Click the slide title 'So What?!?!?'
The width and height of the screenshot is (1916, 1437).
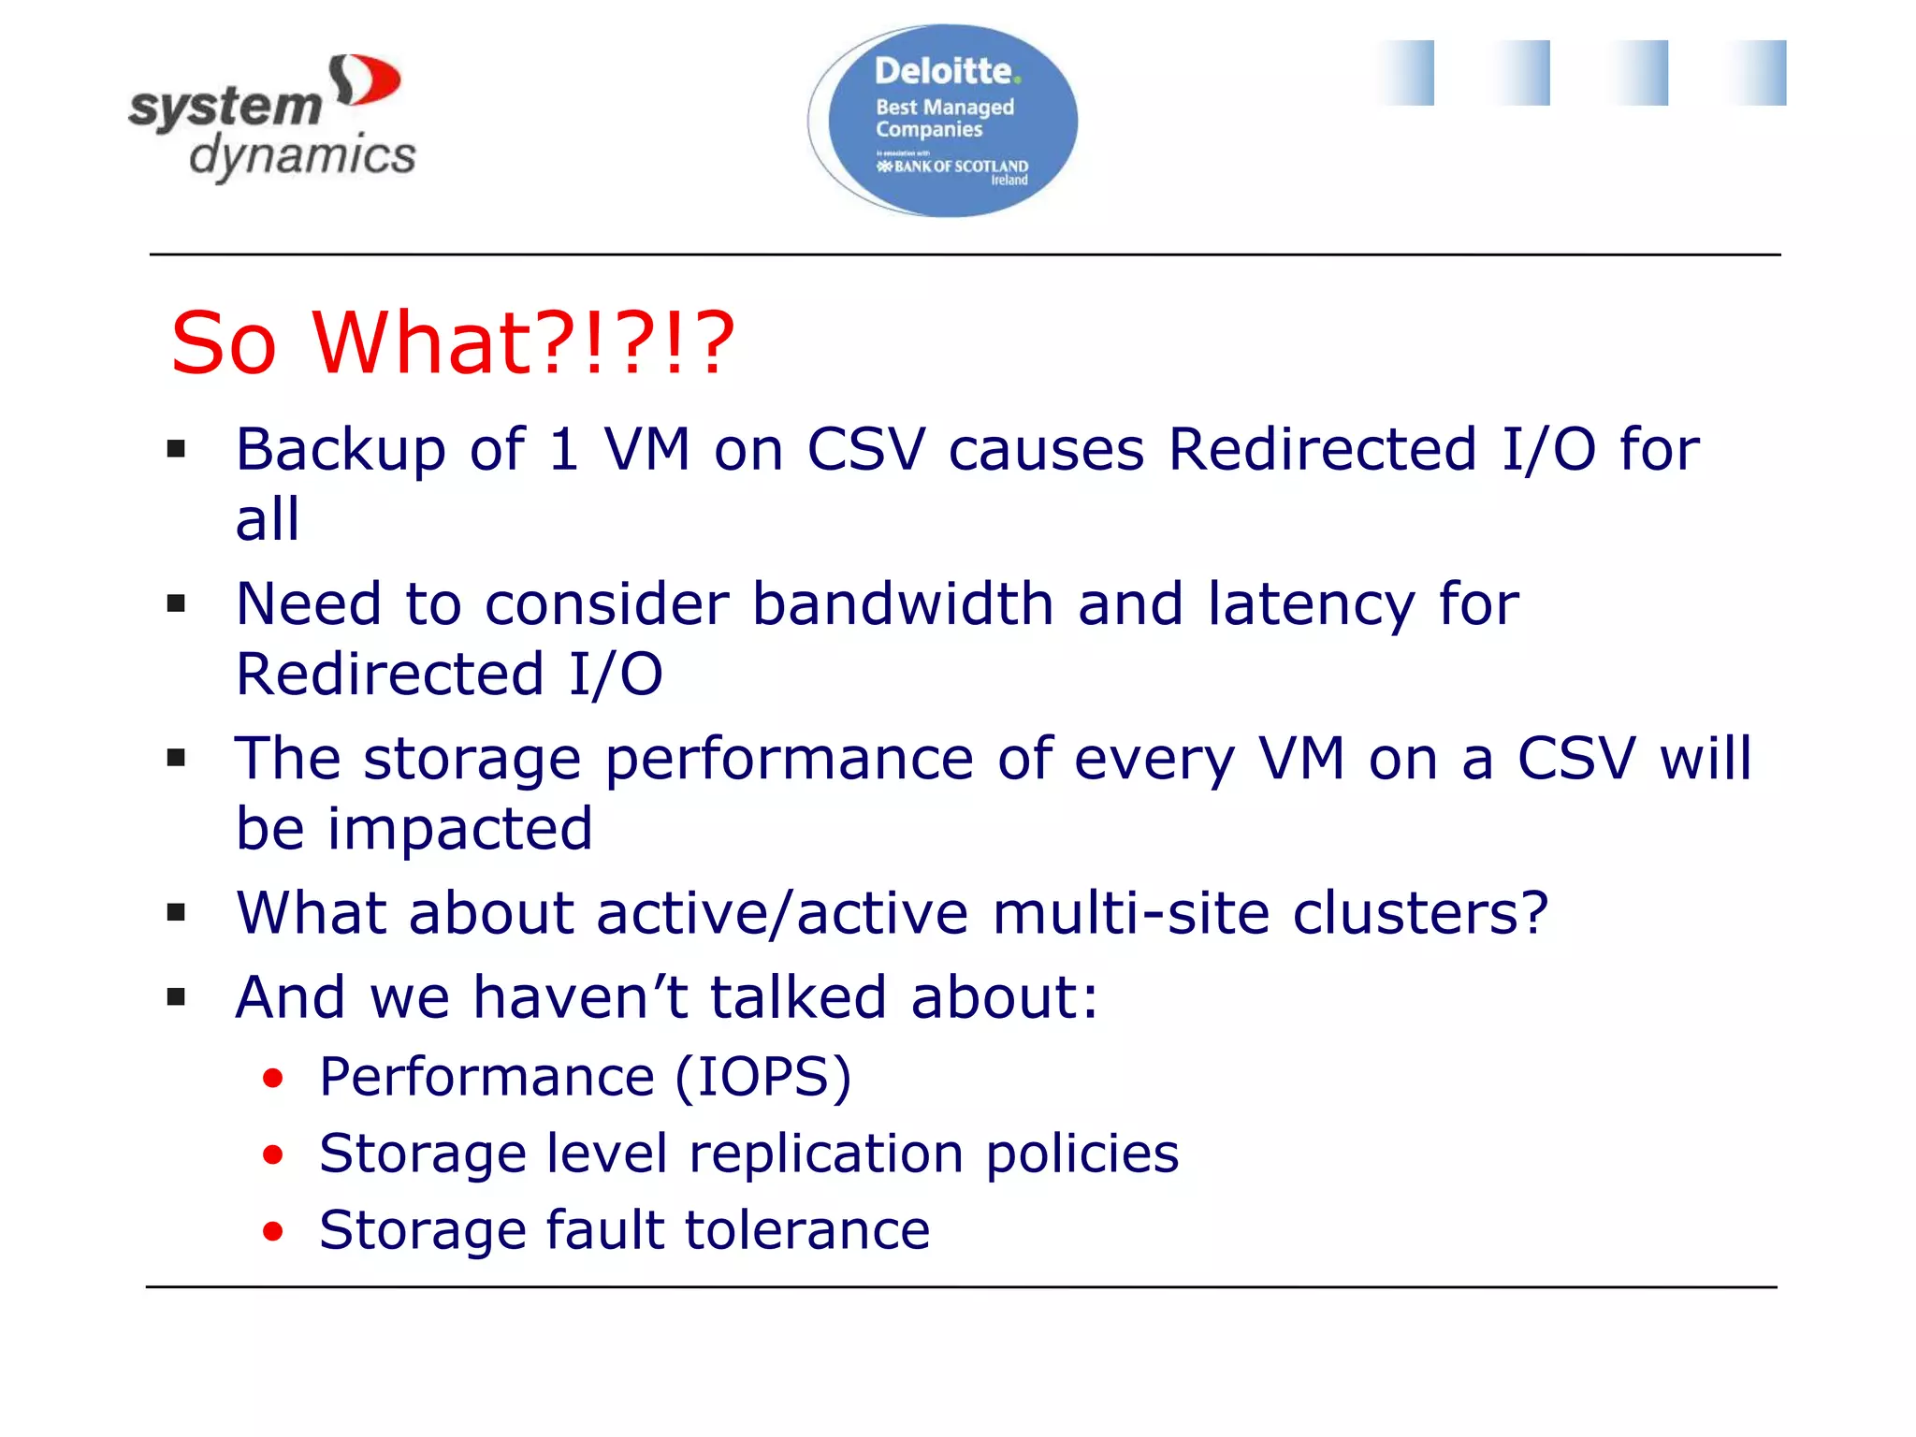(453, 343)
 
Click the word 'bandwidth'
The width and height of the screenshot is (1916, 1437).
(903, 604)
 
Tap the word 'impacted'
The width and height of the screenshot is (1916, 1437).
(459, 830)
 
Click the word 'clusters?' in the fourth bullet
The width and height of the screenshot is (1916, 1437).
(1419, 913)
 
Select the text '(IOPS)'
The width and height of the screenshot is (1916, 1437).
(762, 1078)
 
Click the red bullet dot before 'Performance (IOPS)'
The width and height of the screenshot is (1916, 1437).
(272, 1079)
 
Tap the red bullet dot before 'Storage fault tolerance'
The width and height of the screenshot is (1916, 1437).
(272, 1231)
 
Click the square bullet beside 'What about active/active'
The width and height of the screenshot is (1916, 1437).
(176, 912)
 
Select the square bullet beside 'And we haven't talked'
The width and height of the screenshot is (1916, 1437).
(176, 997)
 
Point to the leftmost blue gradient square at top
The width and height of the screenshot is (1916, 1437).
(1406, 73)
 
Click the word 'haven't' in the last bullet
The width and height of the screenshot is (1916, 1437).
(580, 997)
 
